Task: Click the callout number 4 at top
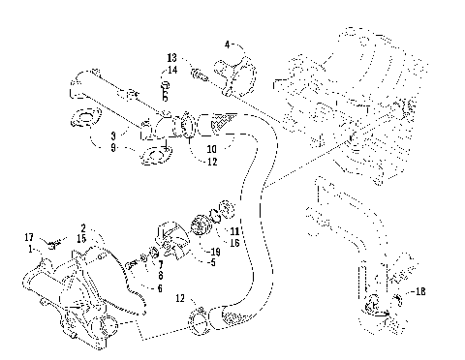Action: coord(228,45)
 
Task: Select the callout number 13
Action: coord(171,58)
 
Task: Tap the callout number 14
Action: coord(171,70)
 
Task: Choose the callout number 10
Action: coord(212,149)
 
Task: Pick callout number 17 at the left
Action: coord(28,237)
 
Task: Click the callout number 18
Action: coord(419,291)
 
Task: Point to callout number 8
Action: coord(160,276)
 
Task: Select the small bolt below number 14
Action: coord(165,86)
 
